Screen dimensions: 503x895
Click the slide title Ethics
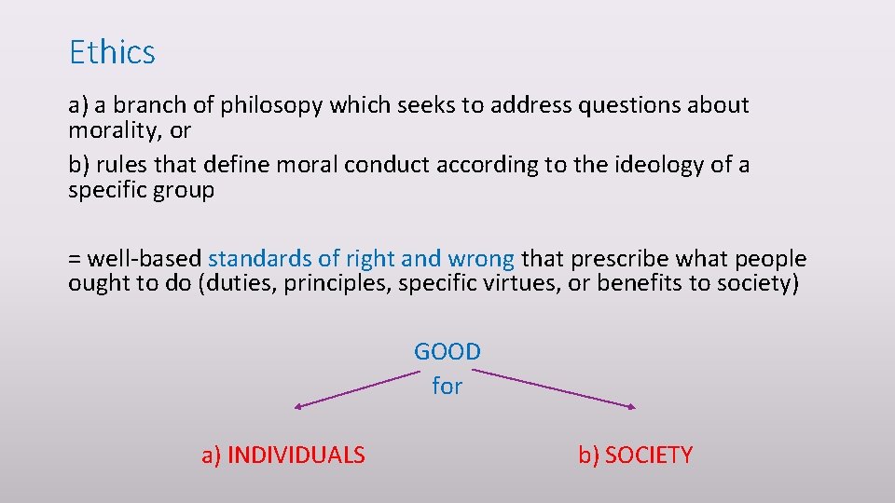(112, 52)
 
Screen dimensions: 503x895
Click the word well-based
(144, 259)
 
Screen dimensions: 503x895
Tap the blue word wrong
(480, 259)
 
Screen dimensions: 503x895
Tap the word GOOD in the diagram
(447, 352)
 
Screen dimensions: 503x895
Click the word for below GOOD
(447, 385)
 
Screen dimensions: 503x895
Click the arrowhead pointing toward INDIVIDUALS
(298, 406)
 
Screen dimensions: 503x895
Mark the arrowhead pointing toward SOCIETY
(632, 406)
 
